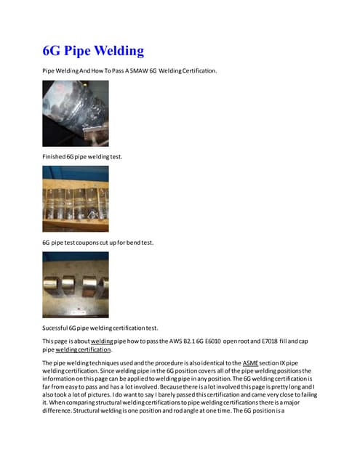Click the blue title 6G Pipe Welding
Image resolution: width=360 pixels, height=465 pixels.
[92, 51]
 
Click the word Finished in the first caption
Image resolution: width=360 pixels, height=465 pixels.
[55, 156]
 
